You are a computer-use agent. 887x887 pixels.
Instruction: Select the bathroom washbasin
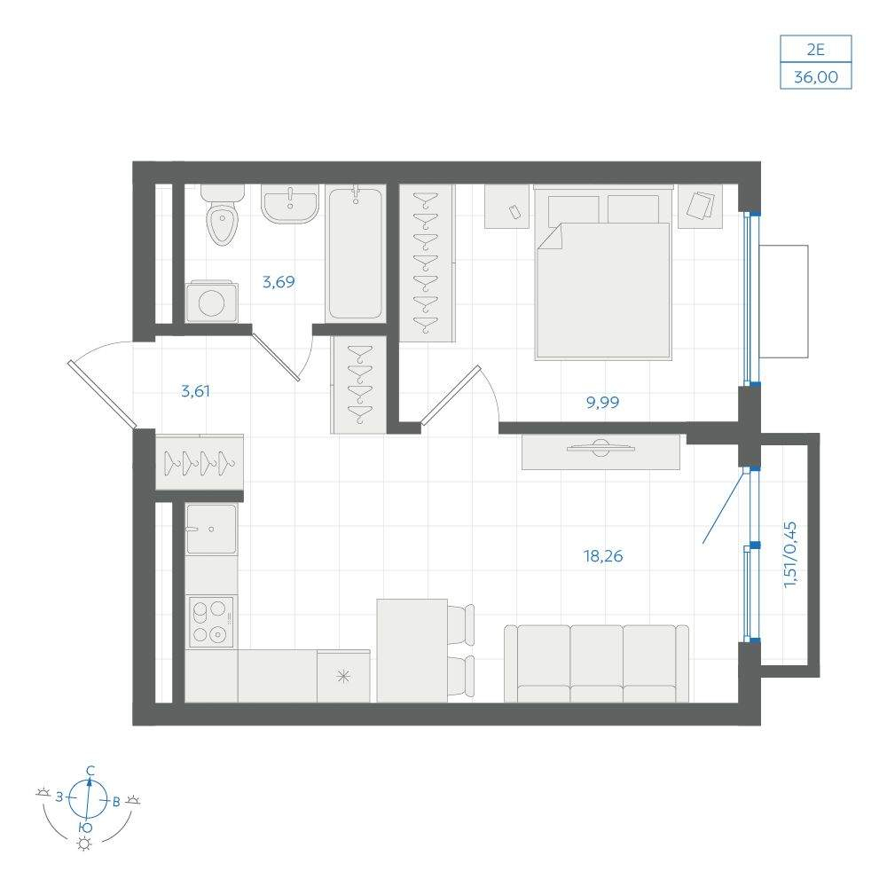click(290, 203)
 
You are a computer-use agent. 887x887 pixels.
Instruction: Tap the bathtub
click(356, 254)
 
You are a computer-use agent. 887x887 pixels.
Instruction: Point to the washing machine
click(212, 302)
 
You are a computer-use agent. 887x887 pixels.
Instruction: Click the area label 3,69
click(279, 282)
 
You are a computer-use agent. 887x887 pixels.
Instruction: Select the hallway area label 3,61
click(195, 391)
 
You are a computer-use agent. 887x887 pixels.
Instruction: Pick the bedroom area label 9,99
click(602, 402)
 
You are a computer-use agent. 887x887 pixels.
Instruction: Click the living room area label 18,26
click(603, 556)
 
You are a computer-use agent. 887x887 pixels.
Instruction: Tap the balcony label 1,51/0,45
click(790, 554)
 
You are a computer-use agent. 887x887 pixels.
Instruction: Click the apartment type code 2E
click(815, 50)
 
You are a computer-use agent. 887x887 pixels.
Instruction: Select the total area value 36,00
click(816, 76)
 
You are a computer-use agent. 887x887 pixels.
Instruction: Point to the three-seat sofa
click(596, 663)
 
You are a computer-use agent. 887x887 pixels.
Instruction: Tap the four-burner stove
click(212, 621)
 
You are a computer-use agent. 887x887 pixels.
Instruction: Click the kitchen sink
click(212, 530)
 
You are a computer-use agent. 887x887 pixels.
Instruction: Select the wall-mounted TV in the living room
click(600, 447)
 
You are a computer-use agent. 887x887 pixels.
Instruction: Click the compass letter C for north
click(90, 771)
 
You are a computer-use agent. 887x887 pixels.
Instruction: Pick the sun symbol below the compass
click(85, 844)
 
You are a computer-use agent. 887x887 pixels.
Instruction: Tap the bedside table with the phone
click(506, 207)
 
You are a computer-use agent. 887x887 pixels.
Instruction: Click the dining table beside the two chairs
click(412, 650)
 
